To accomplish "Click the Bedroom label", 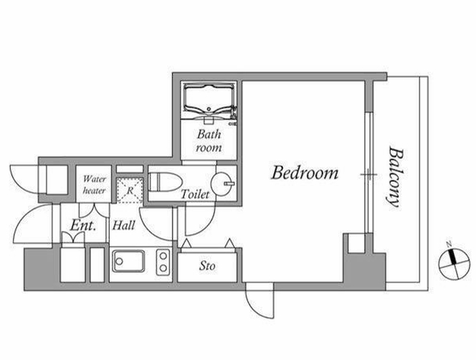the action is [x=305, y=173].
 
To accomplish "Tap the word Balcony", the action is [x=395, y=177].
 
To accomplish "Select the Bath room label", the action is [x=209, y=141].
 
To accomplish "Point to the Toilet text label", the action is [x=195, y=194].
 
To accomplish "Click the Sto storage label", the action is [x=207, y=266].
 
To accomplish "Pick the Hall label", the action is [x=123, y=225].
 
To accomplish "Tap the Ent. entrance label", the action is [x=83, y=225].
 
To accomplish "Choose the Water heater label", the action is [x=94, y=185].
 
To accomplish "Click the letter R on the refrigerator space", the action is [x=130, y=191].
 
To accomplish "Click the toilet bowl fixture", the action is [x=165, y=182].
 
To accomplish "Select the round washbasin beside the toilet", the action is [x=223, y=184].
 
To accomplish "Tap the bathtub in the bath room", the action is [x=209, y=99].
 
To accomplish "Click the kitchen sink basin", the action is [x=128, y=261].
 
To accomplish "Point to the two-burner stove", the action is [x=163, y=262].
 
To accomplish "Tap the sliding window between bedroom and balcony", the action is [x=368, y=174].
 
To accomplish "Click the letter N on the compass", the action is [x=449, y=244].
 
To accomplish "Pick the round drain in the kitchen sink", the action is [x=119, y=261].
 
